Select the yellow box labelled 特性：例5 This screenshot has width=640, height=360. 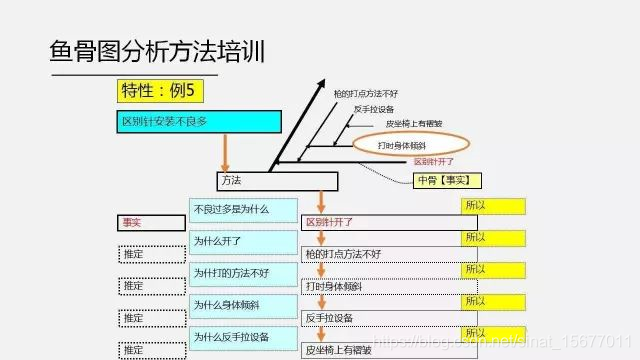pos(161,92)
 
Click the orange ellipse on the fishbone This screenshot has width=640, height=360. pos(409,145)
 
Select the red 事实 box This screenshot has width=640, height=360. pos(150,223)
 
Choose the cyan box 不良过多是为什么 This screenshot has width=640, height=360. pos(243,211)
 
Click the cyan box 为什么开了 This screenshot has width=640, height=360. pos(243,242)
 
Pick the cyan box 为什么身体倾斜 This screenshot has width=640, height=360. pos(243,305)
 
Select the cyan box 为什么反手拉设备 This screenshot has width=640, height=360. pos(243,337)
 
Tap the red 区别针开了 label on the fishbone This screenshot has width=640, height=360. pos(434,161)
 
